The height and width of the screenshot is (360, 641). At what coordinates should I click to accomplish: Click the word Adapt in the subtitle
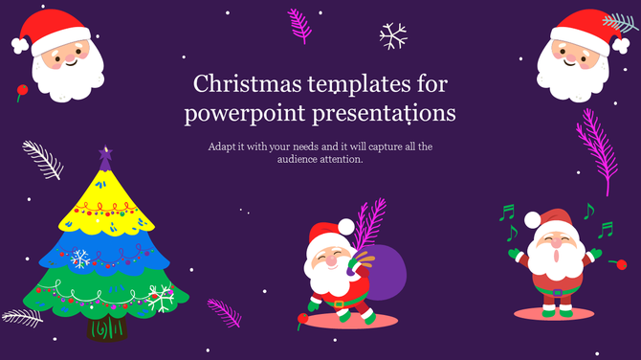click(x=220, y=146)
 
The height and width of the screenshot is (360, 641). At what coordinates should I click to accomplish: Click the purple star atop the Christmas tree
click(x=104, y=154)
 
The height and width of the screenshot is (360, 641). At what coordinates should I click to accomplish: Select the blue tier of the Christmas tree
click(x=105, y=251)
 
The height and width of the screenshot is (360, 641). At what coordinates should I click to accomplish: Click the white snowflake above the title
click(x=393, y=36)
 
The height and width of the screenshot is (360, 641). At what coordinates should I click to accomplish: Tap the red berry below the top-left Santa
click(x=19, y=92)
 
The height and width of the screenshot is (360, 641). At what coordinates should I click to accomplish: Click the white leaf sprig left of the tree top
click(x=42, y=159)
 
